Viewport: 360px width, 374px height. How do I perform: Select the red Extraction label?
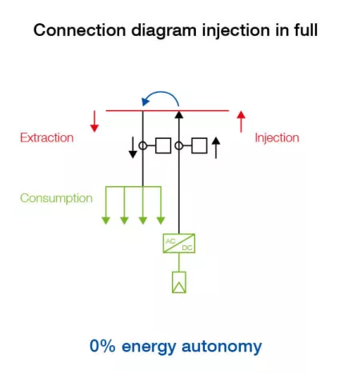(46, 137)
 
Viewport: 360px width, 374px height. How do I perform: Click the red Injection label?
(277, 137)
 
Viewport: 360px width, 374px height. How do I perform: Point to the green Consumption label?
(56, 198)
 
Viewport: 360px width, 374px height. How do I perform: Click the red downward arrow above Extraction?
(94, 121)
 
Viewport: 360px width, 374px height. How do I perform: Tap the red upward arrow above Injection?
(240, 121)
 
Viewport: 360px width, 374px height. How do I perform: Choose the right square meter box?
(198, 145)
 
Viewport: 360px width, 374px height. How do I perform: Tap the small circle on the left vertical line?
(142, 145)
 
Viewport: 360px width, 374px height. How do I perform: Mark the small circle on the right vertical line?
(179, 145)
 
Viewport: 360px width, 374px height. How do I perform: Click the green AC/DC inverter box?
(178, 245)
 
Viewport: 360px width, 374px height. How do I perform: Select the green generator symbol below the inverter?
(178, 280)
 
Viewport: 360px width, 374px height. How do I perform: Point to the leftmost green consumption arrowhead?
(106, 218)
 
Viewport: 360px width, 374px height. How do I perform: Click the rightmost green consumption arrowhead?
(161, 218)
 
